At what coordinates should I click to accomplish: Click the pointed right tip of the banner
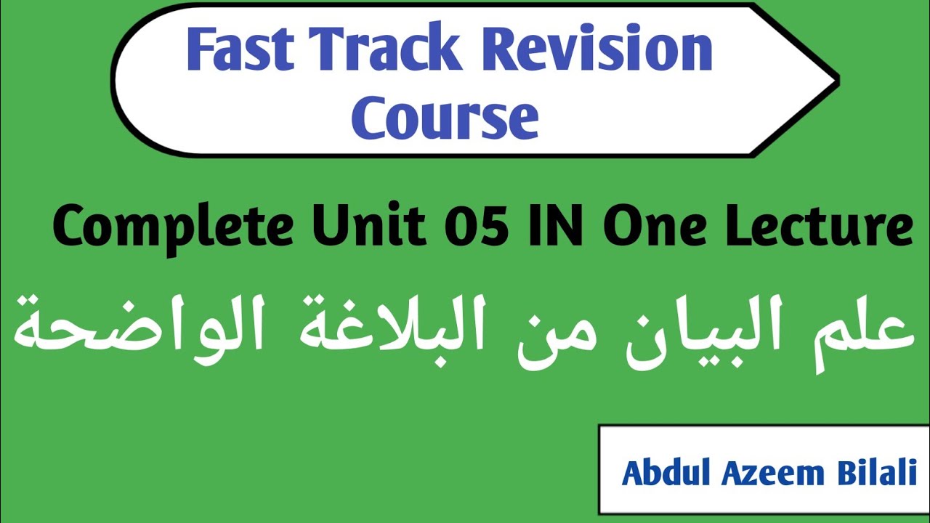click(836, 78)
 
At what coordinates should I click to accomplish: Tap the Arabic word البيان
click(694, 334)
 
